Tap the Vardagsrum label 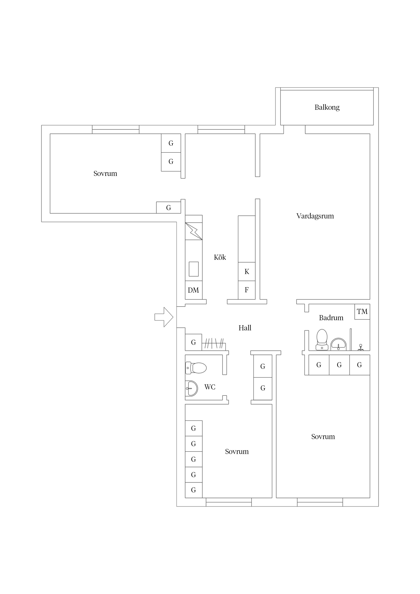(x=315, y=216)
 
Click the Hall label (x=245, y=328)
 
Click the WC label (x=210, y=387)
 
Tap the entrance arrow (x=164, y=317)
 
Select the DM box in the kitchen (x=194, y=290)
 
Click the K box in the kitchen (x=247, y=272)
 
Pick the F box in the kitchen (x=247, y=290)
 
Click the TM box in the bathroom (x=362, y=312)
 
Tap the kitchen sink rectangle (x=194, y=269)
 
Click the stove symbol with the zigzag (x=194, y=231)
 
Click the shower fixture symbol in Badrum (x=361, y=347)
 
